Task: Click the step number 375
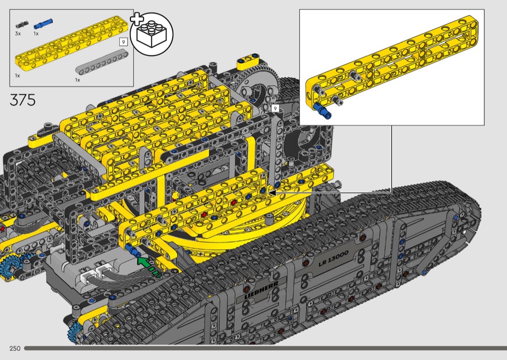coord(23,100)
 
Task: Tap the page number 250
coord(15,348)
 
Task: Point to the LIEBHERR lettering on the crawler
coord(261,290)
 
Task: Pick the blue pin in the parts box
coord(43,24)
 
